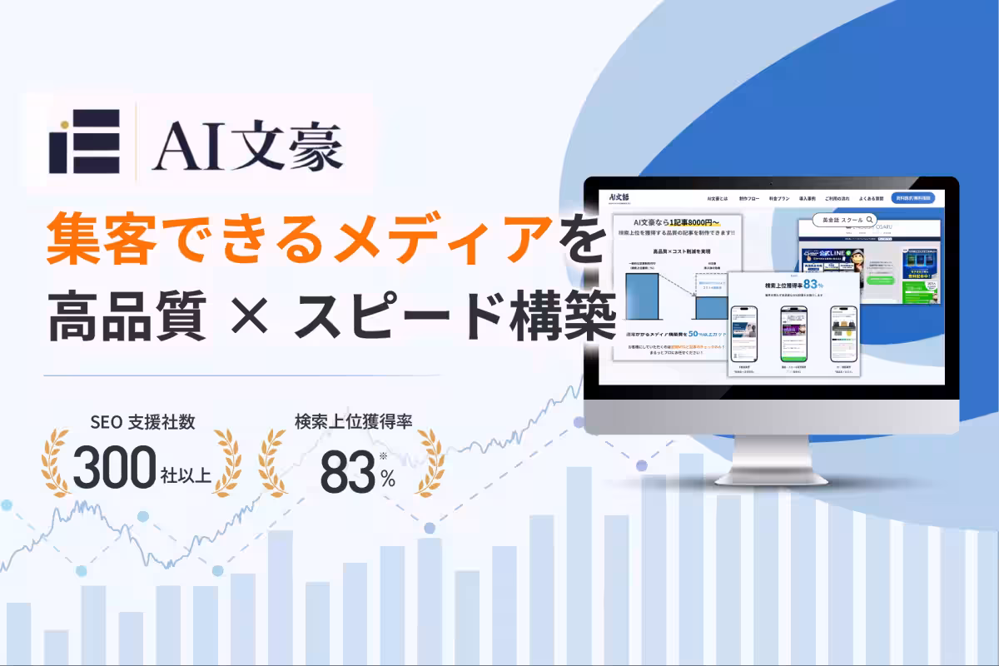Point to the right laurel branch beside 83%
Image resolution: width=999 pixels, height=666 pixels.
pyautogui.click(x=427, y=462)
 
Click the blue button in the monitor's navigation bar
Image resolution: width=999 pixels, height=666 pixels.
pyautogui.click(x=912, y=198)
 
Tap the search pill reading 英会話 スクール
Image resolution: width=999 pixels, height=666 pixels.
pyautogui.click(x=836, y=221)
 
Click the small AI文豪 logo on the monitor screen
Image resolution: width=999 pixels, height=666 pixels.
pyautogui.click(x=619, y=197)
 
